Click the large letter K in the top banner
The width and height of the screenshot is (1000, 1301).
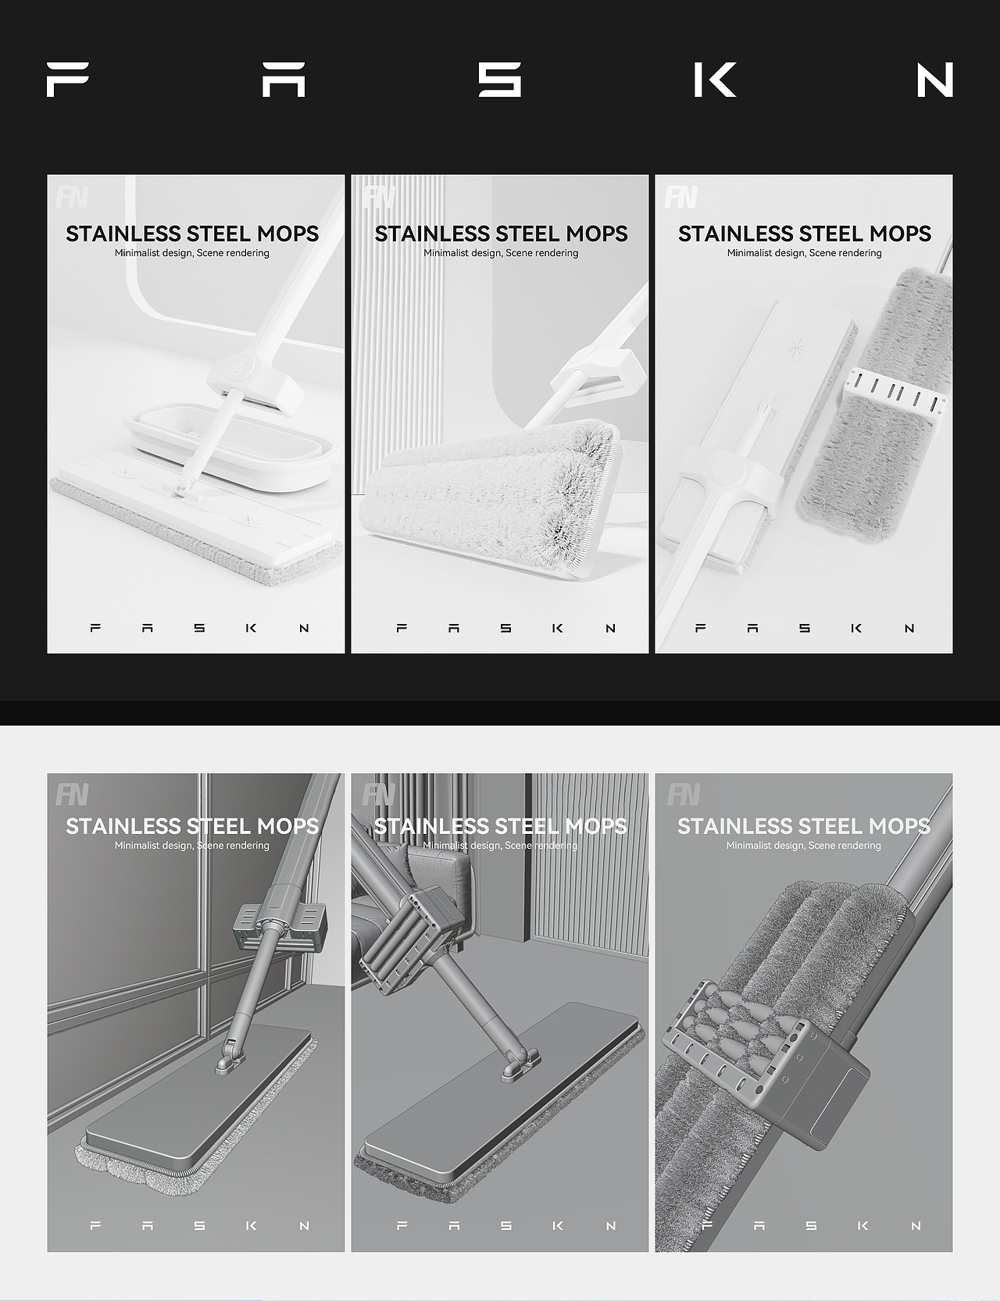(x=715, y=80)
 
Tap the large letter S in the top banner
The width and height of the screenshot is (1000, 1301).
(x=499, y=80)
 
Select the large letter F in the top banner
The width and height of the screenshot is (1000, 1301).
(x=68, y=80)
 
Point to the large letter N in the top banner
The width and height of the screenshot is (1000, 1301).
(x=934, y=80)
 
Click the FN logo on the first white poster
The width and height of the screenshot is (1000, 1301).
(x=72, y=197)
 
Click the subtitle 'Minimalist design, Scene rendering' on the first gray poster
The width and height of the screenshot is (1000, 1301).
(x=192, y=845)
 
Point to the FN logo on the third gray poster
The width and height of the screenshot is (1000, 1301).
(x=684, y=795)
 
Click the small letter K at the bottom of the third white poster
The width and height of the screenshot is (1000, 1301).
(x=856, y=628)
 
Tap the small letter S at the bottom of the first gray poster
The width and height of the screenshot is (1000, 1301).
(x=199, y=1225)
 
